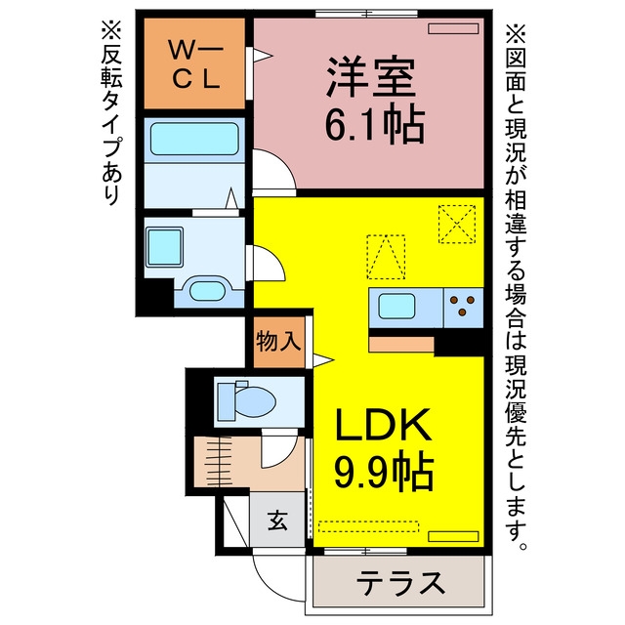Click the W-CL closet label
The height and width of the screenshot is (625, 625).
pos(195,63)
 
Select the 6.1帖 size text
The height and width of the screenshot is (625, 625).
pos(375,124)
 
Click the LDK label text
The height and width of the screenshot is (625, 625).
pos(384,425)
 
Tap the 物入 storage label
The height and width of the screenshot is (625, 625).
pos(278,342)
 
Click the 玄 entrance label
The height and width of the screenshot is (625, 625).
pos(277,520)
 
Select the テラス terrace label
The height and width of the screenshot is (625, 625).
pos(400,583)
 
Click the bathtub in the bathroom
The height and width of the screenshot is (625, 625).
pos(194,139)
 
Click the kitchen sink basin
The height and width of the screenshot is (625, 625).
pos(396,306)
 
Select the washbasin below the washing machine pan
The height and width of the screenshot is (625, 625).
pos(206,291)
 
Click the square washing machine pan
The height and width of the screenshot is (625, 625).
pos(165,247)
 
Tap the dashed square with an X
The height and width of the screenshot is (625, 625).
pos(457,224)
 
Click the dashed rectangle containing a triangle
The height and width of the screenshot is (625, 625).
pos(386,257)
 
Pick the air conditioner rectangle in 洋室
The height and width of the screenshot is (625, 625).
pos(453,28)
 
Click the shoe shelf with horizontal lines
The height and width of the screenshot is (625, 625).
pos(219,462)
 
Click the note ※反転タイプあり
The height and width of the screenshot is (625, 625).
pos(111,113)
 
